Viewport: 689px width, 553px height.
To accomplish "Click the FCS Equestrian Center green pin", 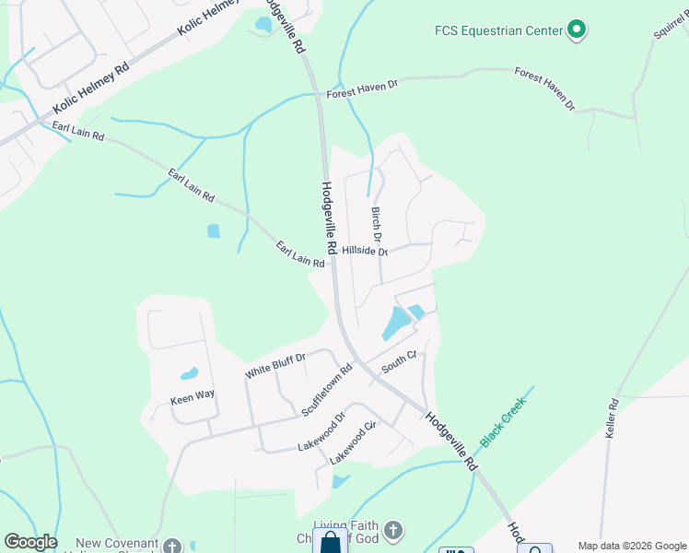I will (x=578, y=30).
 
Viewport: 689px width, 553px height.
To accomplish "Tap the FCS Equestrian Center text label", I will (x=498, y=30).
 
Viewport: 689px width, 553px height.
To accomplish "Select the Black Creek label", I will (x=501, y=422).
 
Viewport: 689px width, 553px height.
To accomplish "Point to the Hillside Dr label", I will (x=365, y=251).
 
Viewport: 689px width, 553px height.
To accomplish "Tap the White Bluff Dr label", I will (x=274, y=366).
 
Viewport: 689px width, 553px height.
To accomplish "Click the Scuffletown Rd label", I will (x=327, y=391).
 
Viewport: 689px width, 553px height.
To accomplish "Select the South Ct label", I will (x=400, y=360).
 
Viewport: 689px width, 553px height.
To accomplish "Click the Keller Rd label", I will (x=612, y=418).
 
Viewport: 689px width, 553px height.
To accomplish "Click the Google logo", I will (x=30, y=541).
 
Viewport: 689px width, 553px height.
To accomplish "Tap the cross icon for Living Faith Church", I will (x=392, y=530).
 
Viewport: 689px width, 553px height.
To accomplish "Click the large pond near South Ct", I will (x=396, y=324).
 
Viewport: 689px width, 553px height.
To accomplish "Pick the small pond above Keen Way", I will (x=189, y=374).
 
